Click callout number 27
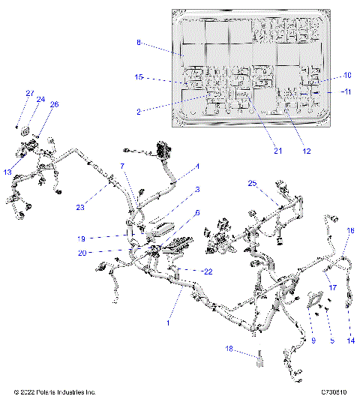coord(30,93)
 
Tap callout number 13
coord(7,172)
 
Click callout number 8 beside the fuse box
coord(139,43)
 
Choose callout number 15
coord(139,77)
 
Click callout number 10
coord(347,75)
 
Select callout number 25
coord(252,183)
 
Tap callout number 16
coord(349,232)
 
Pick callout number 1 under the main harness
coord(169,323)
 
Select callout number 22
coord(208,271)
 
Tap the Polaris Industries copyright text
coord(55,392)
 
